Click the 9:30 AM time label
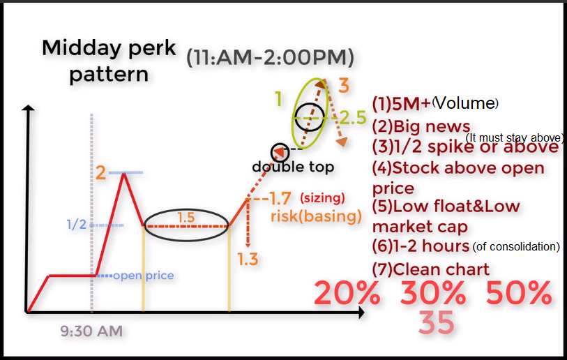click(91, 331)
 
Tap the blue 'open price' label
click(144, 276)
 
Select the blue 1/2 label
click(77, 225)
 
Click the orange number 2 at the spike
click(100, 172)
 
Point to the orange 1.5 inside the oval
click(186, 218)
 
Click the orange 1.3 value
click(248, 259)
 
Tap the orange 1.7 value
click(280, 198)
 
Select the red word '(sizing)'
click(322, 198)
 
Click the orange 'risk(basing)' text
click(316, 216)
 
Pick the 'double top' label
click(293, 167)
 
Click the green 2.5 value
click(354, 118)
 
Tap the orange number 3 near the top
click(344, 86)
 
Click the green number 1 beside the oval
click(278, 98)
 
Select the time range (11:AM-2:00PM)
click(270, 57)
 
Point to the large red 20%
click(347, 293)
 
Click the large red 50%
click(519, 293)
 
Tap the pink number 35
click(436, 322)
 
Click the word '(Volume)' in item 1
click(465, 103)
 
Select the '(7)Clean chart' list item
click(431, 269)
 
